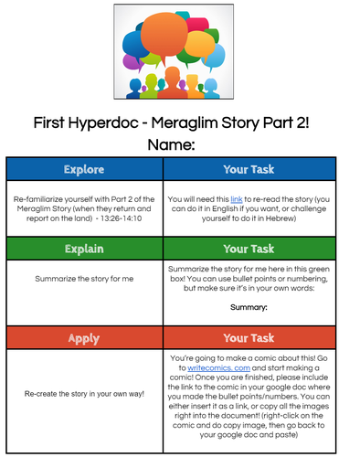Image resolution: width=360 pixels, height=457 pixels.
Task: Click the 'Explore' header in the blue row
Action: coord(84,170)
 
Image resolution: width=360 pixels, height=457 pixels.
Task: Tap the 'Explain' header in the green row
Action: coord(84,249)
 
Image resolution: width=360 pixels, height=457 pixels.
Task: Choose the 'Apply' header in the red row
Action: coord(84,338)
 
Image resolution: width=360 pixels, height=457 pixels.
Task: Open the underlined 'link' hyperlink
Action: coord(236,197)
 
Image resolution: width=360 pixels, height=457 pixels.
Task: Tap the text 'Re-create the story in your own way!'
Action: coord(84,394)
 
